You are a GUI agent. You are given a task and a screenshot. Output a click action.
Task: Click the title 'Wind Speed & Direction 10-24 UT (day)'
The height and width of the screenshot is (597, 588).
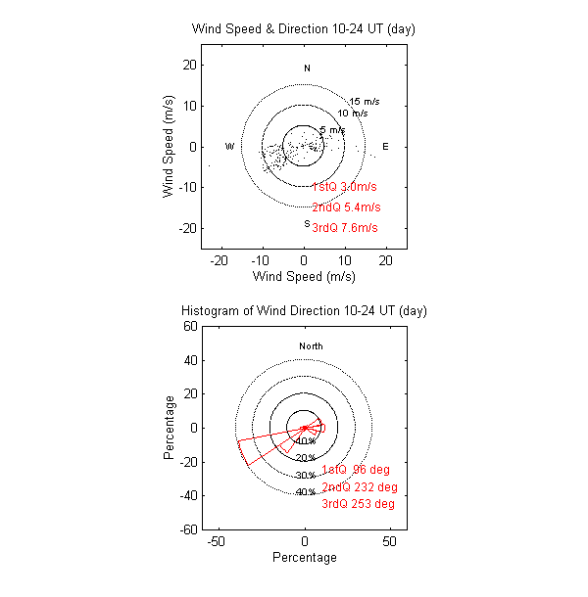(x=304, y=29)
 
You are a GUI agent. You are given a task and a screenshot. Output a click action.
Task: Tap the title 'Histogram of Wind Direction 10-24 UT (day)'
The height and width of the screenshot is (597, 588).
(x=304, y=311)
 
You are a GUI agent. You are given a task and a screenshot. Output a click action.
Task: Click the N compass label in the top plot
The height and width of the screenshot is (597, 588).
(x=307, y=69)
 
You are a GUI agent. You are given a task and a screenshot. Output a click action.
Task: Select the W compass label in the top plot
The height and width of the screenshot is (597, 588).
(x=229, y=147)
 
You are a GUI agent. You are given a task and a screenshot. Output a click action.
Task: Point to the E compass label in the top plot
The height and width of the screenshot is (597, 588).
(x=385, y=147)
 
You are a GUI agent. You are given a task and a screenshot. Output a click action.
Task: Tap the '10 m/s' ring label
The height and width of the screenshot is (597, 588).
(x=353, y=114)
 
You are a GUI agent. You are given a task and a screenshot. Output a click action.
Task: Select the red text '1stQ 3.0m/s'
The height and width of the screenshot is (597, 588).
(x=345, y=187)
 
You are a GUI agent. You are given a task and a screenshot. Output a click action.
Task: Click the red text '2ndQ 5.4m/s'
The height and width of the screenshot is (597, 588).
(x=346, y=207)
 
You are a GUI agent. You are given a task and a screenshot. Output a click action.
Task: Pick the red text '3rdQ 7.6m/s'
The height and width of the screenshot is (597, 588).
(x=345, y=228)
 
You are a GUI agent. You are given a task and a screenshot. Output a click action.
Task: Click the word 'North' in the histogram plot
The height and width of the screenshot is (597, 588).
(x=311, y=346)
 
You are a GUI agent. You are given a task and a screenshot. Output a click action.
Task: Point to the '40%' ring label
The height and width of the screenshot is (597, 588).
(x=305, y=492)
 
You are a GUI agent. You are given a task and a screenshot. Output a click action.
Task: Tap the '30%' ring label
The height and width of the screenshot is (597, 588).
(x=305, y=476)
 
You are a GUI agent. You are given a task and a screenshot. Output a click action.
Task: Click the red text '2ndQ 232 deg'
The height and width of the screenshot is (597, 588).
(x=359, y=487)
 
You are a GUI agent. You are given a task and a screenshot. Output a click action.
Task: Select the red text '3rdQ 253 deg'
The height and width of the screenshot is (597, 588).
(x=359, y=505)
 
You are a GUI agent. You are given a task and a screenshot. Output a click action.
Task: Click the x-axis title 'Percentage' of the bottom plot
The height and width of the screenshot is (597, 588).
(x=304, y=558)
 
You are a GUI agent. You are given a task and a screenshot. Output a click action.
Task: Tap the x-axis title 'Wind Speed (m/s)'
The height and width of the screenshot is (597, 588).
(x=304, y=277)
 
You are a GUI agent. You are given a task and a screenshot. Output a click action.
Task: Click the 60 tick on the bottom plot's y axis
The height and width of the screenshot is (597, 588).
(x=193, y=327)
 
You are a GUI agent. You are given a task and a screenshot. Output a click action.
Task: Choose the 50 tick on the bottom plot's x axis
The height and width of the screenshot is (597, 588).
(x=390, y=541)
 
